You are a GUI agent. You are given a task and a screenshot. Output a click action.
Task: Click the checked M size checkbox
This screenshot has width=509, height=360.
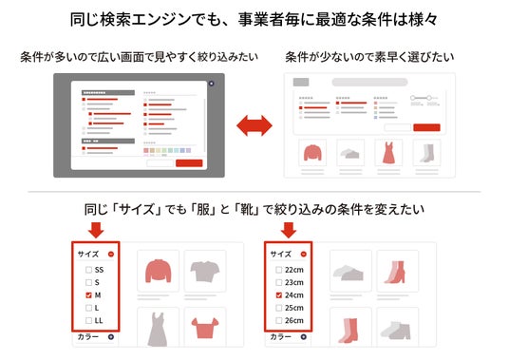88,295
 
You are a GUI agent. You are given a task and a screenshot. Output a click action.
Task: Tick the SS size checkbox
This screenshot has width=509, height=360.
88,270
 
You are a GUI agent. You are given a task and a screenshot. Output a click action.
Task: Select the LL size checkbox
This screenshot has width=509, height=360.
88,320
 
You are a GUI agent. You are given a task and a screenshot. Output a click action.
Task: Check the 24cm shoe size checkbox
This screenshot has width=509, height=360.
279,295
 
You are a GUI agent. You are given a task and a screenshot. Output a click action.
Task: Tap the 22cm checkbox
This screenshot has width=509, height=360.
279,270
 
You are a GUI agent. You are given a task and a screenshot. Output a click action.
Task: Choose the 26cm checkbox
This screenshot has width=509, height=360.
279,320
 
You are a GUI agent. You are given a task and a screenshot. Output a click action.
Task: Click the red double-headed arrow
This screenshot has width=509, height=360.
254,125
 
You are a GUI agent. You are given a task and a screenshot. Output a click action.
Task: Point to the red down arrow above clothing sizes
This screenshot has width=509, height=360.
96,230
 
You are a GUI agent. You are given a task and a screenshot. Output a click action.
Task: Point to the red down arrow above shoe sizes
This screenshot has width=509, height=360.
289,230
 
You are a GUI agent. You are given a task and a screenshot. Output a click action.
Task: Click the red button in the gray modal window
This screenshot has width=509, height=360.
189,163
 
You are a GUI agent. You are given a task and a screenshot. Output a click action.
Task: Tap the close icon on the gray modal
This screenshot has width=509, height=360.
212,84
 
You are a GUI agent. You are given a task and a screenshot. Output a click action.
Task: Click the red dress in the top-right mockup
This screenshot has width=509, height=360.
388,153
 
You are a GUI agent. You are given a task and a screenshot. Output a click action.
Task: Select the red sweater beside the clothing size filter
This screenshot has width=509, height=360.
158,271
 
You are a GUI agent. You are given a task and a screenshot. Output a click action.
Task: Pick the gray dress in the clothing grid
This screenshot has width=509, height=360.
158,330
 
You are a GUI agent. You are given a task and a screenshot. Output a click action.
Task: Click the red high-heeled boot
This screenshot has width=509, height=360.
396,272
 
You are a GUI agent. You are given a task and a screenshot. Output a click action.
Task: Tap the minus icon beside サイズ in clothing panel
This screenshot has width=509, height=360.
111,255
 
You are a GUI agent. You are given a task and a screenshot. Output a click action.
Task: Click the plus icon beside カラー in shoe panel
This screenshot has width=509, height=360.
304,337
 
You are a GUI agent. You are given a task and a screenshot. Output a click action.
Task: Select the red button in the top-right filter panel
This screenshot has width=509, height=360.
427,127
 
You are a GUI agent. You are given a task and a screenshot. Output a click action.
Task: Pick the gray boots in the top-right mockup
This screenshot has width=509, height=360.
427,153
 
